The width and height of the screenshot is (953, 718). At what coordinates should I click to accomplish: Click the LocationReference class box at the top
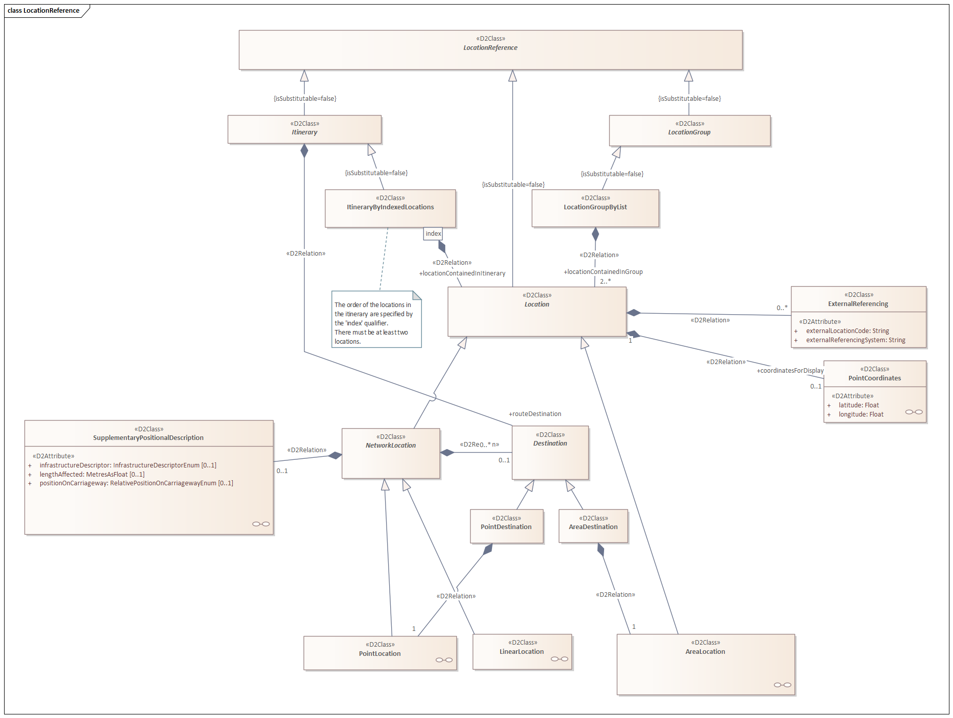[x=491, y=50]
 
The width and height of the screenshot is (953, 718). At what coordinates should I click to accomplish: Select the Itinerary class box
[x=305, y=129]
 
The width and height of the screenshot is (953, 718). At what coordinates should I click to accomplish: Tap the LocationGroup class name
[x=689, y=132]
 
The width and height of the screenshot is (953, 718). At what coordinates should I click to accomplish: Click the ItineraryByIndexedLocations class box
[x=390, y=208]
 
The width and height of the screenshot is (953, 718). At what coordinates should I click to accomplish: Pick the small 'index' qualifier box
[x=433, y=234]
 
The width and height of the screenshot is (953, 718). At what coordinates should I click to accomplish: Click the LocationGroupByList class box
[x=595, y=208]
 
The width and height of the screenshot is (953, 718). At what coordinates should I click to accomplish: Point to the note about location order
[x=376, y=319]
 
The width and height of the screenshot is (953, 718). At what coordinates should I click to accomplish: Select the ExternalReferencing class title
[x=858, y=304]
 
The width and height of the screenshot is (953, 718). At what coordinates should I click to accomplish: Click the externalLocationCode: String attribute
[x=848, y=331]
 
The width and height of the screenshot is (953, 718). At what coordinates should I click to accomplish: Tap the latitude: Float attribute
[x=859, y=405]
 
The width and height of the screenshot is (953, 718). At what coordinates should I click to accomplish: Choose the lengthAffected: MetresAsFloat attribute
[x=92, y=475]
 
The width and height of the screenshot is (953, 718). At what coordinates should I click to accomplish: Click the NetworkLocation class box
[x=391, y=453]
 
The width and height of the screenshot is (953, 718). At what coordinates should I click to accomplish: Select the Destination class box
[x=550, y=453]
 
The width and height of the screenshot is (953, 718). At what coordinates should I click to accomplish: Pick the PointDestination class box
[x=506, y=526]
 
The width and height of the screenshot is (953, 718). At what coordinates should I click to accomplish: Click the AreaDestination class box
[x=593, y=526]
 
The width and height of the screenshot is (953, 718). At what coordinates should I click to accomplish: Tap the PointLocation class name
[x=379, y=654]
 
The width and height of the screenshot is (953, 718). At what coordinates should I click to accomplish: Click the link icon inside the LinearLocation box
[x=559, y=659]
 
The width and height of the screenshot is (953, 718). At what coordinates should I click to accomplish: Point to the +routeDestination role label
[x=535, y=414]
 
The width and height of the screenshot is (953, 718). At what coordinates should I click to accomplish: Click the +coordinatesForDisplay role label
[x=790, y=371]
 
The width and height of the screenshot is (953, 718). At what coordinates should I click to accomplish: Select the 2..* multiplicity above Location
[x=605, y=281]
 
